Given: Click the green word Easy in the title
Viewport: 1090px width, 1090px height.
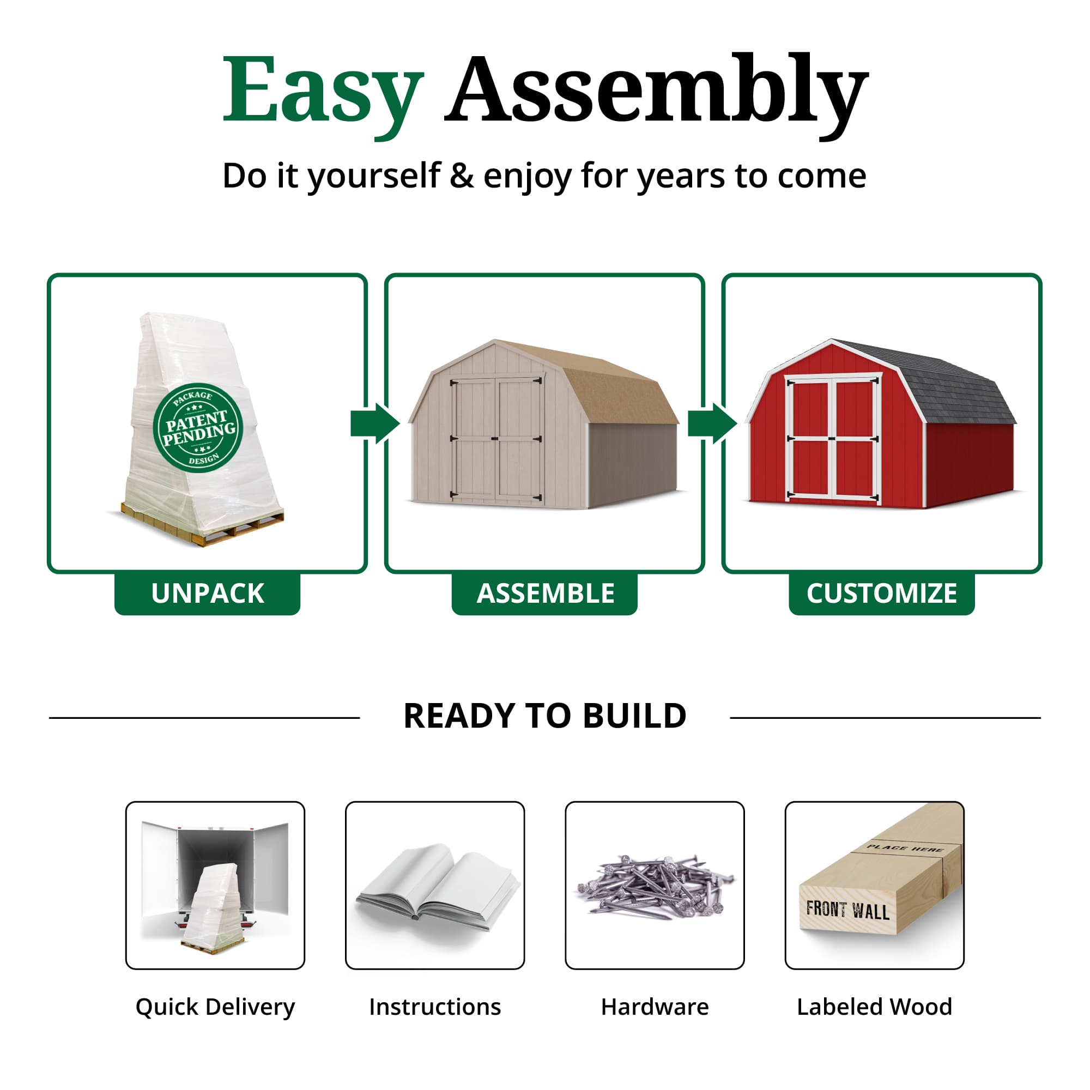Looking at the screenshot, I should click(322, 90).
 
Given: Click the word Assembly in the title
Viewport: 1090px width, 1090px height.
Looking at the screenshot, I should click(656, 90).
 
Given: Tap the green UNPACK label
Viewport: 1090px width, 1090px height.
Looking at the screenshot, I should click(207, 594).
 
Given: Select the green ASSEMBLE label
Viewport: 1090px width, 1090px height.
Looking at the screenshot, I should click(545, 594).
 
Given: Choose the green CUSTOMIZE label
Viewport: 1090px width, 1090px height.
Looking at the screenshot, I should click(881, 594).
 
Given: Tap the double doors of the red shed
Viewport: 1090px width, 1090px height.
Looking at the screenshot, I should click(833, 438).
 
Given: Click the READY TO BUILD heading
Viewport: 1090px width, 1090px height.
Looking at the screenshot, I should click(545, 716).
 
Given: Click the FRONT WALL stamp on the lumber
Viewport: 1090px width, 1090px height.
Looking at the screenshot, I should click(847, 910).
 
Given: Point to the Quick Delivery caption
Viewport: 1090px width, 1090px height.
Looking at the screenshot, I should click(215, 1007).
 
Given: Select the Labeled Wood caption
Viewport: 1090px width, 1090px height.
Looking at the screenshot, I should click(875, 1007).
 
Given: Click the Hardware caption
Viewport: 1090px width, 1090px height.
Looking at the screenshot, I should click(655, 1007).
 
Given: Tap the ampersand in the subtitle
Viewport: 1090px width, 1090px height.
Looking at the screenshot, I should click(462, 176).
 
